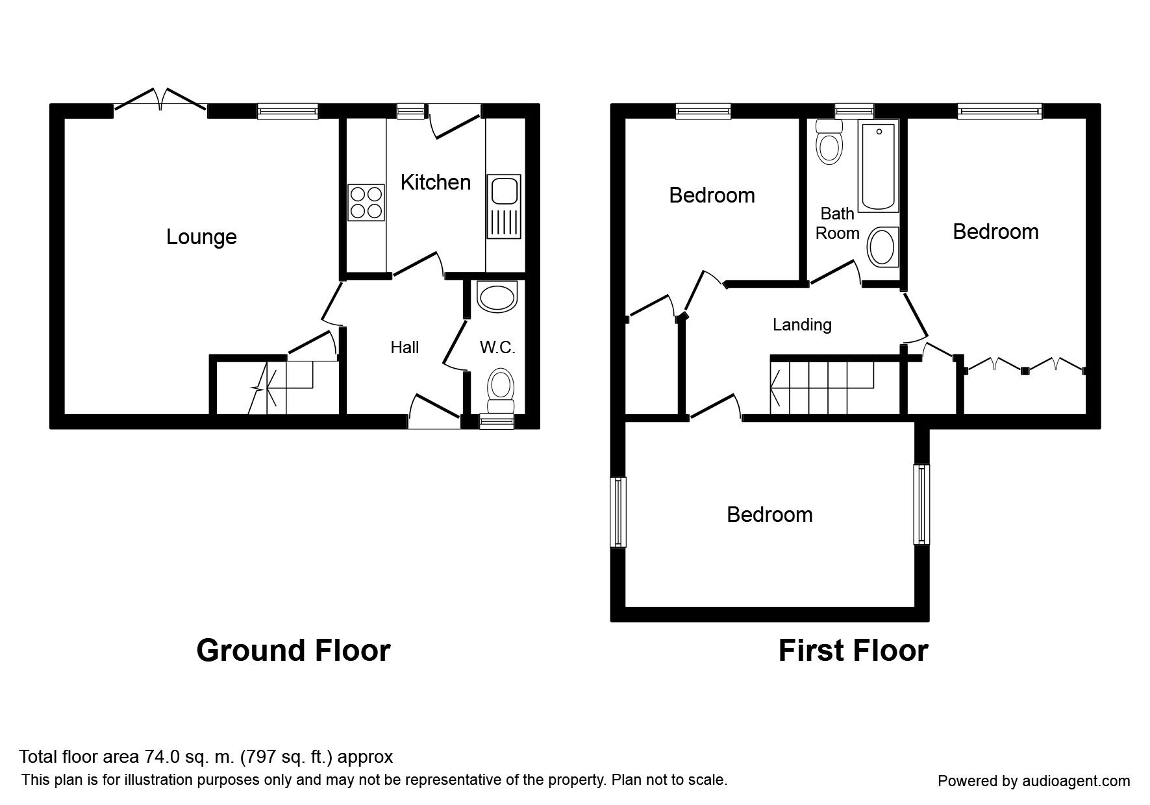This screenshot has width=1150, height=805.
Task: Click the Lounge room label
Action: click(201, 237)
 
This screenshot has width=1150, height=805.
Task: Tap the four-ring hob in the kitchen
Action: click(365, 202)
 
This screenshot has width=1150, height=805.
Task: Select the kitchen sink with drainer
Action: click(504, 206)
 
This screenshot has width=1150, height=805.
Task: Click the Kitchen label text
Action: click(435, 182)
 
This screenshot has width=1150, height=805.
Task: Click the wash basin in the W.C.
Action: click(497, 297)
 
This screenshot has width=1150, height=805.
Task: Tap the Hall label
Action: click(405, 348)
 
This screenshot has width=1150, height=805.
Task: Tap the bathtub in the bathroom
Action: click(878, 166)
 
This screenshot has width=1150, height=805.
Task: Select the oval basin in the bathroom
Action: click(882, 247)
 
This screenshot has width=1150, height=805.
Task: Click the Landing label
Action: click(802, 325)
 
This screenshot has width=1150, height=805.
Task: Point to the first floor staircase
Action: click(821, 387)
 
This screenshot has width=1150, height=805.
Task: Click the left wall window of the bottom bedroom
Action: click(618, 512)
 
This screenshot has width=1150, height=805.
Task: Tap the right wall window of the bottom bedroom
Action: click(922, 504)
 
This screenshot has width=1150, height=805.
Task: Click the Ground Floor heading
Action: click(294, 650)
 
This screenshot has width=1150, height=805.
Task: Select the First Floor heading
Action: click(853, 650)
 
